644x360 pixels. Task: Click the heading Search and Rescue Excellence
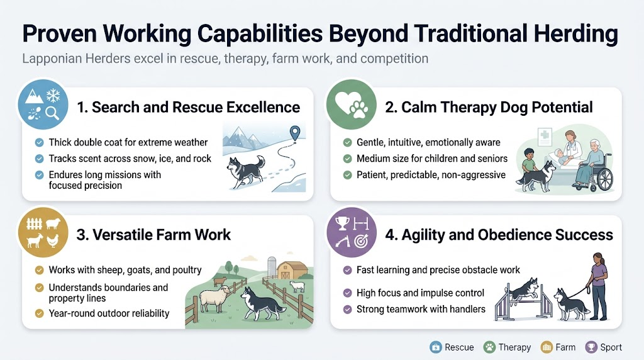click(188, 108)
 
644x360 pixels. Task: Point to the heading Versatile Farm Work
click(153, 235)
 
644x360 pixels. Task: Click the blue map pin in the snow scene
click(293, 133)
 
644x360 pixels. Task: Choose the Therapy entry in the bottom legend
click(508, 347)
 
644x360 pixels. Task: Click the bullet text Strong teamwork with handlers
click(421, 309)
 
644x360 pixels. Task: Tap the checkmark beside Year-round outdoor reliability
click(40, 313)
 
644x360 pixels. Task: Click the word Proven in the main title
click(67, 34)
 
